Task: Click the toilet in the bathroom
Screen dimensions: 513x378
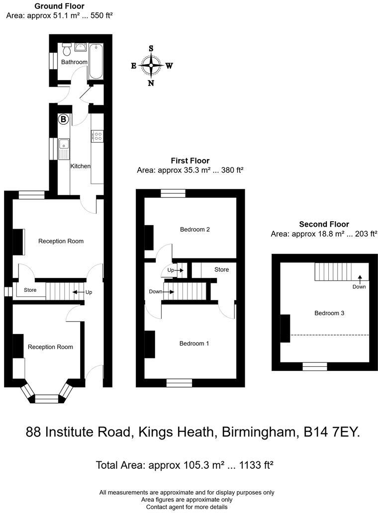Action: (x=66, y=48)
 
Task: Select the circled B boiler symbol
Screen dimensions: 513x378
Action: (x=63, y=119)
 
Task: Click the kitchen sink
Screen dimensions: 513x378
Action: (x=64, y=148)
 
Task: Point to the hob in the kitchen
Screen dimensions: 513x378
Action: (x=97, y=135)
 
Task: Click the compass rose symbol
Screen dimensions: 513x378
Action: (x=151, y=65)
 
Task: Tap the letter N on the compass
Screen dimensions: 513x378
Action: (x=151, y=83)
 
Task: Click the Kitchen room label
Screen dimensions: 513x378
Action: (x=80, y=166)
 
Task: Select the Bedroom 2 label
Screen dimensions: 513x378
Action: (x=194, y=230)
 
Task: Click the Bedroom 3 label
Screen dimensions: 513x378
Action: (x=329, y=313)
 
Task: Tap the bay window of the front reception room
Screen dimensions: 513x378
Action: (x=46, y=397)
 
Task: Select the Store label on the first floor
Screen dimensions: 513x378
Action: (x=221, y=269)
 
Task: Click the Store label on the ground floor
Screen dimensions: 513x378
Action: (x=30, y=290)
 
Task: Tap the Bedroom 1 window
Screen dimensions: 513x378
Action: (x=179, y=382)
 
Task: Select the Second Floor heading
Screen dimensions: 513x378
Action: (x=324, y=224)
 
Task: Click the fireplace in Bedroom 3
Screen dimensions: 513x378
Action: (x=285, y=329)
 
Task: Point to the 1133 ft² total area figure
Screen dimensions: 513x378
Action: (x=255, y=465)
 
